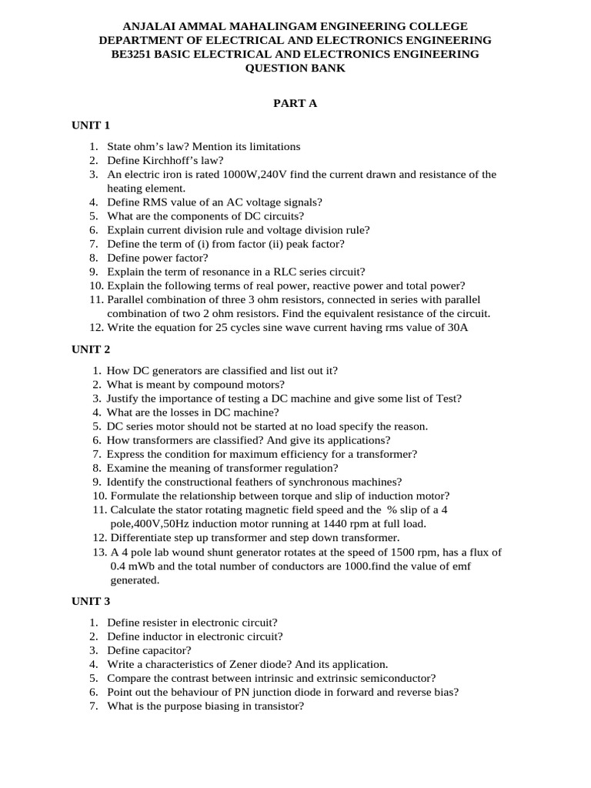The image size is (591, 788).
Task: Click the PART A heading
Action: coord(295,104)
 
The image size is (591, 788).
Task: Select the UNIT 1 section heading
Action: coord(92,125)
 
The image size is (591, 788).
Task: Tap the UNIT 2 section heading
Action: coord(92,349)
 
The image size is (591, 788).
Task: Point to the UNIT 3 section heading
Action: coord(92,601)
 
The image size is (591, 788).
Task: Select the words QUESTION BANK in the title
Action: coord(295,68)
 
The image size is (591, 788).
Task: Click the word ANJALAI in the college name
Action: coord(151,26)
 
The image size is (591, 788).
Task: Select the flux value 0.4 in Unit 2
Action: coord(119,566)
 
